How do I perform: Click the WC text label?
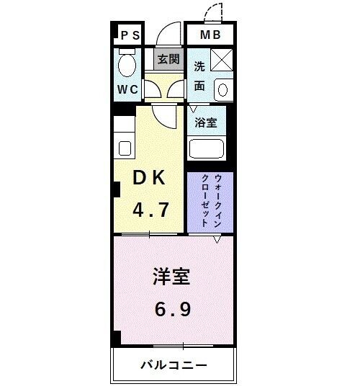click(x=128, y=91)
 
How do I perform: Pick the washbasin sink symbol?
click(x=221, y=91)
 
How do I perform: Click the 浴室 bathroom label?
click(x=205, y=122)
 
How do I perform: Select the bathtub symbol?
click(x=207, y=150)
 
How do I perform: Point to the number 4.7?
click(x=150, y=211)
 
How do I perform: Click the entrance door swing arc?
click(x=168, y=35)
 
